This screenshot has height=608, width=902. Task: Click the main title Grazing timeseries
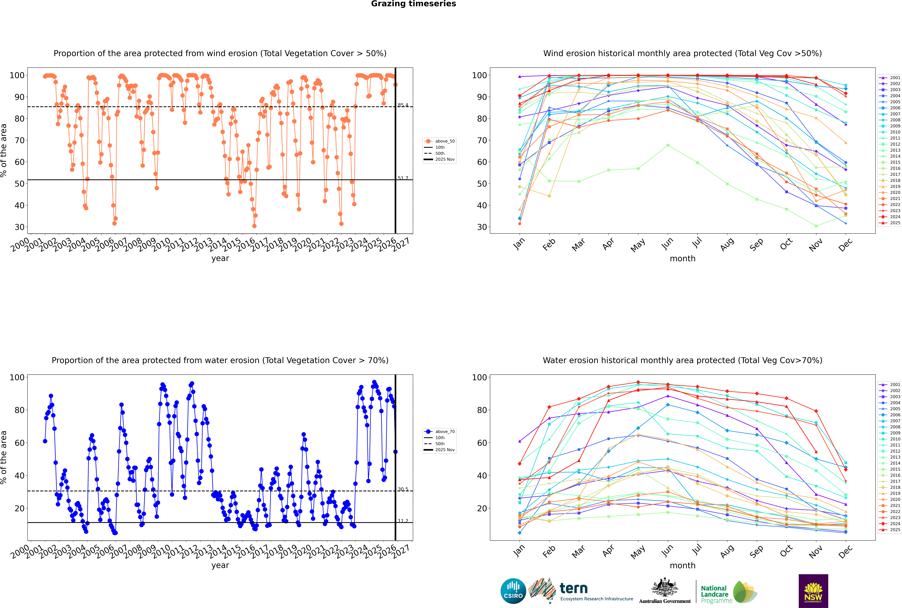click(413, 4)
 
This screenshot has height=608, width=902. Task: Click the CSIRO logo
click(513, 591)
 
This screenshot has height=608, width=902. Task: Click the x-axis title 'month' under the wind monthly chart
click(682, 259)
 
